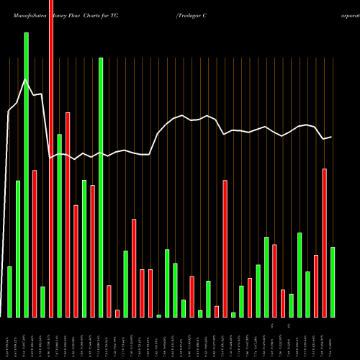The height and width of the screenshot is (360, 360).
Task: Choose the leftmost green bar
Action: click(9, 292)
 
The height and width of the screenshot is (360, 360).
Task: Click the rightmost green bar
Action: click(333, 282)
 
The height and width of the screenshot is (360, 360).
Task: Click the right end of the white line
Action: click(331, 137)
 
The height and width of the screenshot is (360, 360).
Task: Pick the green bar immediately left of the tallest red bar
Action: click(42, 302)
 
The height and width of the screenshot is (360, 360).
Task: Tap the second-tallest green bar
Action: click(101, 187)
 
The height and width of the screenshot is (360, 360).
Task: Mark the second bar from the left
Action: click(18, 248)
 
